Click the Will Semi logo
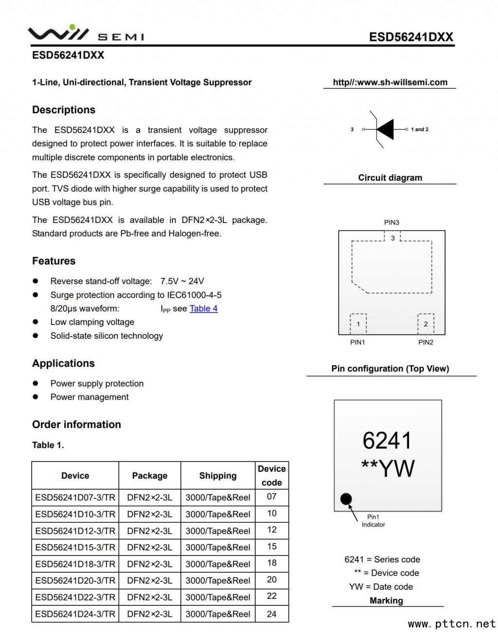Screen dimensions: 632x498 click(86, 34)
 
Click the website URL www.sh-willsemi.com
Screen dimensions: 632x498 click(390, 82)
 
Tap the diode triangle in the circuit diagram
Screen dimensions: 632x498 click(385, 129)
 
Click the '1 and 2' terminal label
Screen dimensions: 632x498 click(419, 129)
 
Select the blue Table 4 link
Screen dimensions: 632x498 click(203, 308)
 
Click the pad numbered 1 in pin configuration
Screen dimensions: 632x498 click(358, 324)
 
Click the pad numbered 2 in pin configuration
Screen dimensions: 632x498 click(426, 324)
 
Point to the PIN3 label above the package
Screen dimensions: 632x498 click(391, 222)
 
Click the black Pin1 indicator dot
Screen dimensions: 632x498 click(346, 499)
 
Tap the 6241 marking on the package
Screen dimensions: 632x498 click(387, 441)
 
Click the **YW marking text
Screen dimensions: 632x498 click(388, 469)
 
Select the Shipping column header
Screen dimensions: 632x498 click(217, 476)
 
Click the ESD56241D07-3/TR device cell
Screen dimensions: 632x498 click(75, 497)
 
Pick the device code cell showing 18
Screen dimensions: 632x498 click(272, 563)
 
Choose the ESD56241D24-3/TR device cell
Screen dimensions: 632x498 click(75, 614)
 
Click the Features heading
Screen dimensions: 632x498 click(53, 261)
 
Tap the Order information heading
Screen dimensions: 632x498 click(76, 424)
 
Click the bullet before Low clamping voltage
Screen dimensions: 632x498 click(36, 322)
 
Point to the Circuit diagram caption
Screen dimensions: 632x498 click(390, 177)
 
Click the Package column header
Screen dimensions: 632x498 click(149, 476)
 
